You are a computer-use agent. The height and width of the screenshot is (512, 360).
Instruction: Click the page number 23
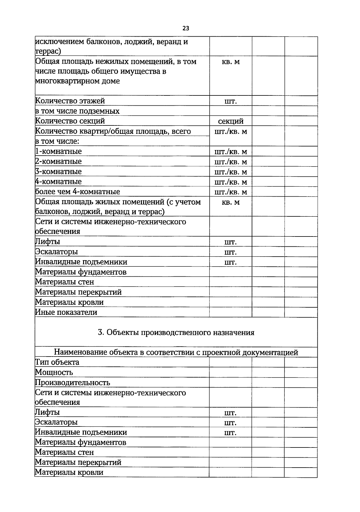(x=186, y=29)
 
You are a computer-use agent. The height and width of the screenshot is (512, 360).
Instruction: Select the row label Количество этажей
(x=70, y=101)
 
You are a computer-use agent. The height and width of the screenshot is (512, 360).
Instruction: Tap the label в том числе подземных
(x=77, y=111)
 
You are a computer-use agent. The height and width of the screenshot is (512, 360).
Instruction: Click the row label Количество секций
(x=70, y=121)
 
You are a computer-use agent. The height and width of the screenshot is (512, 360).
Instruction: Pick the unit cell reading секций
(x=231, y=121)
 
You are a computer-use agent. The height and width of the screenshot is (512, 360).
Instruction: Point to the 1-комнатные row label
(x=58, y=151)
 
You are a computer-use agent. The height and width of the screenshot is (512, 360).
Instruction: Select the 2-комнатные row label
(x=58, y=161)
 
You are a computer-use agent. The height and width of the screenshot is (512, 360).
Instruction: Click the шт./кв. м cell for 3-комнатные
(x=231, y=172)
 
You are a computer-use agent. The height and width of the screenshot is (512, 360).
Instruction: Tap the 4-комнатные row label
(x=58, y=182)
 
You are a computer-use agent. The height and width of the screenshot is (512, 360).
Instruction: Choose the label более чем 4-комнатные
(x=78, y=191)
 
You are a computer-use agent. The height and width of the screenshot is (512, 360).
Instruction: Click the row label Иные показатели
(x=66, y=312)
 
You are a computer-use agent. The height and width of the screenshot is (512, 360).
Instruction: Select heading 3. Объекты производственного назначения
(x=176, y=333)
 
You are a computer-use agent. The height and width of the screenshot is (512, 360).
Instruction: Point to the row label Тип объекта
(x=57, y=362)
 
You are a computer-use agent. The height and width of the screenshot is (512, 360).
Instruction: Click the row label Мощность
(x=54, y=372)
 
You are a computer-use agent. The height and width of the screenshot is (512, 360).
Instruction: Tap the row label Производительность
(x=73, y=383)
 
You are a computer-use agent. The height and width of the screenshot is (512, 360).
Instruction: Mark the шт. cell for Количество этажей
(x=231, y=101)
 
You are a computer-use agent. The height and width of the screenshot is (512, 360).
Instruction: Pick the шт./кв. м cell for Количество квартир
(x=231, y=131)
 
